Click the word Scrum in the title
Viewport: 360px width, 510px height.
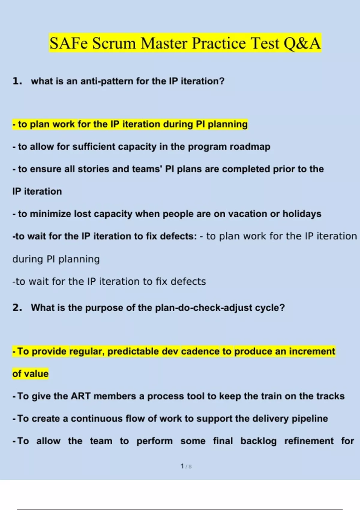(114, 43)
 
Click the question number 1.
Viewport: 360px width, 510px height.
(17, 81)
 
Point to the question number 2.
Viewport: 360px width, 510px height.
(17, 307)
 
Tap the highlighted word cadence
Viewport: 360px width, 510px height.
(200, 351)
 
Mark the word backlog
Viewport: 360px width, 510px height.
(259, 441)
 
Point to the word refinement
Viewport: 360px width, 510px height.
(309, 441)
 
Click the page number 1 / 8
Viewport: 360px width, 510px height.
(186, 466)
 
